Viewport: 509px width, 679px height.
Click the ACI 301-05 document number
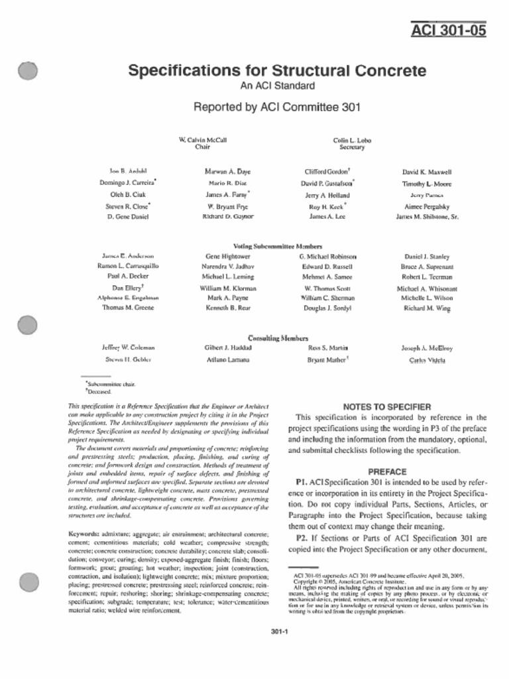coord(449,31)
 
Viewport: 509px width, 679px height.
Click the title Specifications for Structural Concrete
coord(276,70)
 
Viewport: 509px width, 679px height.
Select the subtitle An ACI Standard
coord(276,86)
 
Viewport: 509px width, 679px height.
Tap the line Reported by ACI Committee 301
coord(276,107)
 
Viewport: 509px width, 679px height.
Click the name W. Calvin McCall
coord(203,140)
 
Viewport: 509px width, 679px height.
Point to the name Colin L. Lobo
coord(352,140)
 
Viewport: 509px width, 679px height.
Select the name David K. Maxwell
coord(427,171)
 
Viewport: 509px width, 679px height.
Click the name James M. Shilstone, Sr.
coord(427,217)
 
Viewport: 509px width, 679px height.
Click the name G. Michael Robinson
coord(328,256)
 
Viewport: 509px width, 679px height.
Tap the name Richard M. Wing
coord(427,308)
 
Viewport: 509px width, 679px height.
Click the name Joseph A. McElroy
coord(427,347)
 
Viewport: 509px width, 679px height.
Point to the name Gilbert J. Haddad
coord(227,347)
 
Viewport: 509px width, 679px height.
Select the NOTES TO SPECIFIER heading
coord(387,406)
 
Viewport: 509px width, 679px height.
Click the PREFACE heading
coord(387,471)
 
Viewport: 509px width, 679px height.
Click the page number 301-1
coord(278,631)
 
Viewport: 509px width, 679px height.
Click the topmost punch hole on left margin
coord(28,71)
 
